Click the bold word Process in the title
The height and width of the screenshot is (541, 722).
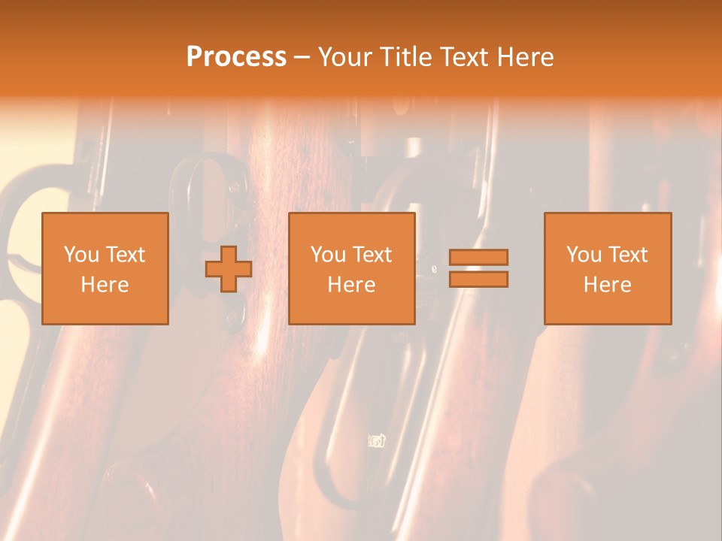(x=236, y=57)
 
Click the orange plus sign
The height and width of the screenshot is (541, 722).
(x=229, y=269)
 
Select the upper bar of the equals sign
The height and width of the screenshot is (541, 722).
(x=478, y=258)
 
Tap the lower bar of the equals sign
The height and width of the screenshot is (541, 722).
(x=478, y=280)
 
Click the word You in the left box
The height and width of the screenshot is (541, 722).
(x=82, y=255)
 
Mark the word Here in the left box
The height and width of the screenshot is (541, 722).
(x=105, y=285)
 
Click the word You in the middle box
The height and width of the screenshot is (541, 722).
(x=329, y=255)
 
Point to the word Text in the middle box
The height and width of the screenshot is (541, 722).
(x=372, y=255)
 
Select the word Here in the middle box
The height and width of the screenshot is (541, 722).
(x=352, y=285)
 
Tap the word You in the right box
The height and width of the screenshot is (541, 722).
(x=584, y=255)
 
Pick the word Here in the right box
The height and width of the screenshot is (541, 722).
(x=608, y=285)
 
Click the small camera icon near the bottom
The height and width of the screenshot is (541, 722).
(x=377, y=441)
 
